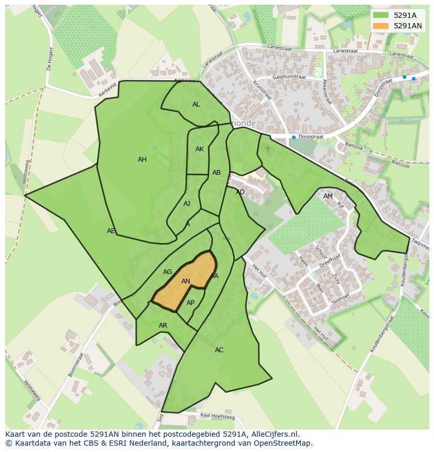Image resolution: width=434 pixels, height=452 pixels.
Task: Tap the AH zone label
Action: pyautogui.click(x=142, y=160)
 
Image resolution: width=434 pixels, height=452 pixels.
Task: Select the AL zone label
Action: pyautogui.click(x=196, y=104)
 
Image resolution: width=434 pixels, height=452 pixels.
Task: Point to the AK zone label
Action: pyautogui.click(x=200, y=149)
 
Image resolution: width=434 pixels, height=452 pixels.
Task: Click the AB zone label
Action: pyautogui.click(x=216, y=173)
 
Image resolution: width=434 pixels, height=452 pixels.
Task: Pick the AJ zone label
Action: pyautogui.click(x=187, y=204)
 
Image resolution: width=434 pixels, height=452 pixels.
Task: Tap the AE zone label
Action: pyautogui.click(x=111, y=231)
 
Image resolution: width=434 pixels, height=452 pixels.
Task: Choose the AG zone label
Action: pyautogui.click(x=167, y=272)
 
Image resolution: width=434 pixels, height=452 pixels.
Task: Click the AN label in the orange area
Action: pyautogui.click(x=186, y=281)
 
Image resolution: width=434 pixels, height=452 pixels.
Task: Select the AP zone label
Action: pyautogui.click(x=190, y=303)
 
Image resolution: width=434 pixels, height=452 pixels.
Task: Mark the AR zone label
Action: pyautogui.click(x=163, y=325)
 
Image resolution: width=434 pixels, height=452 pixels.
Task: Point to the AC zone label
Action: pyautogui.click(x=219, y=350)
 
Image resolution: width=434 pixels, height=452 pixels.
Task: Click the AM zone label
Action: pyautogui.click(x=328, y=196)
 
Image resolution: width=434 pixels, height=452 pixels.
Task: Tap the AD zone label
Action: pyautogui.click(x=240, y=192)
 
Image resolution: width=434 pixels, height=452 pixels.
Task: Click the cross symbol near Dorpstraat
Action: pyautogui.click(x=268, y=149)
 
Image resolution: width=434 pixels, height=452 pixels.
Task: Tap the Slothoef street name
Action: pyautogui.click(x=341, y=301)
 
